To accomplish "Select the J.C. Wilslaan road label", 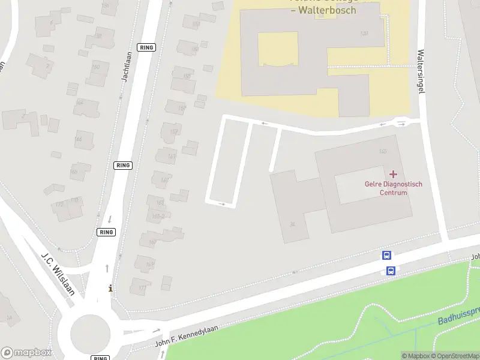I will tap(58, 273).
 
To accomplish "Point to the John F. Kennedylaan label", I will tap(186, 335).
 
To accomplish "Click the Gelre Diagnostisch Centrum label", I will tap(393, 188).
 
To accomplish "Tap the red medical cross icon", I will tap(393, 174).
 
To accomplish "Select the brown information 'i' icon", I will tap(110, 289).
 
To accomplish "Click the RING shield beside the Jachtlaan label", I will tap(146, 47).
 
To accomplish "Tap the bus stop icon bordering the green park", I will tap(391, 271).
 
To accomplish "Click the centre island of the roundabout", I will tap(91, 331).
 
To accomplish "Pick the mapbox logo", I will tap(26, 353).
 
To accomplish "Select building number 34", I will tap(292, 224).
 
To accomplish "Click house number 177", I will tap(142, 289).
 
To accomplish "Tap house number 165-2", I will tap(158, 215).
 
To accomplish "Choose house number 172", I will tap(59, 205).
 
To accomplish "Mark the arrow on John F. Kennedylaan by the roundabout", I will tap(156, 331).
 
